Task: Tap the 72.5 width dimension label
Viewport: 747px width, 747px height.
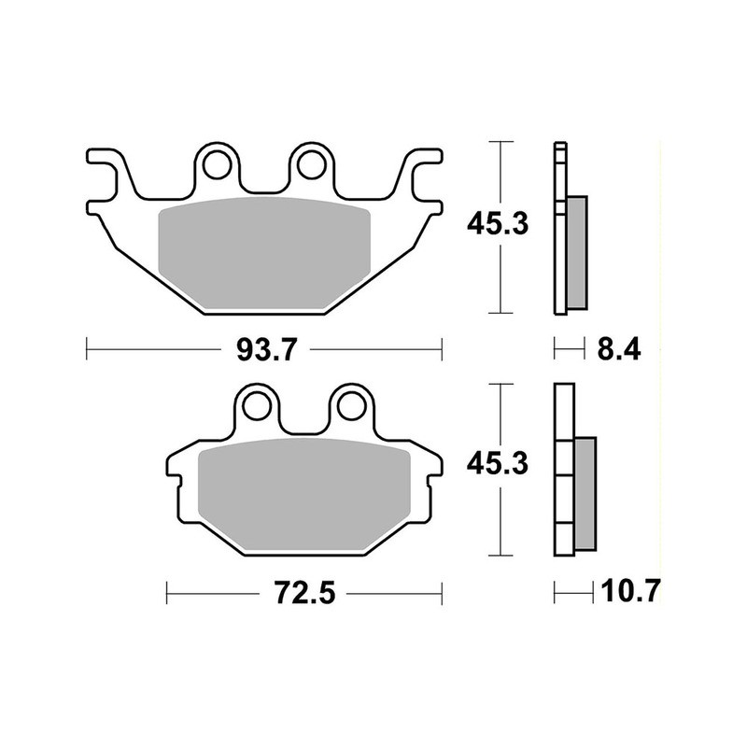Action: click(x=303, y=593)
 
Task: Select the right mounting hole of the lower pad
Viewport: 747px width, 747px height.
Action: click(x=350, y=405)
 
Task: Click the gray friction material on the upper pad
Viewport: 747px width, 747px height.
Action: click(x=265, y=252)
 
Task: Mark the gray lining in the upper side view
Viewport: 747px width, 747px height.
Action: click(x=578, y=252)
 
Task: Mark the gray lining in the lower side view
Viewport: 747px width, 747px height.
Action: click(x=585, y=495)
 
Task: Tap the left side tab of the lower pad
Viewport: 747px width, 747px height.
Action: click(x=177, y=467)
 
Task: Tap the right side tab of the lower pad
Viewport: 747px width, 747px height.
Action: click(x=431, y=467)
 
